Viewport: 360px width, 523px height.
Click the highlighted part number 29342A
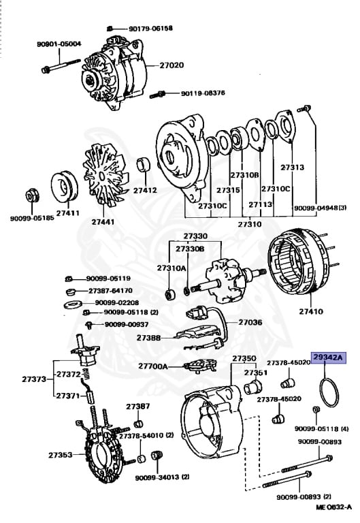coord(329,357)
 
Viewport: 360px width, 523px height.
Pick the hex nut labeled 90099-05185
coord(31,195)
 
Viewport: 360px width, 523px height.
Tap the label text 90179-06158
coord(150,29)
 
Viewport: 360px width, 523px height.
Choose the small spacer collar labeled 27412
coord(144,166)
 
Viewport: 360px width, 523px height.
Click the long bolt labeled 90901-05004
coord(65,69)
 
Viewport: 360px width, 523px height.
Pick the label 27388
coord(148,337)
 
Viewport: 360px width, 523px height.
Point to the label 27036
coord(249,322)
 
